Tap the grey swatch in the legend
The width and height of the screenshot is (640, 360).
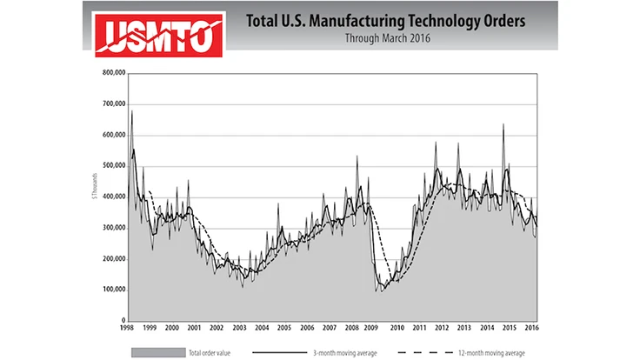click(x=146, y=351)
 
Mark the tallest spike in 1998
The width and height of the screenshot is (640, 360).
click(x=131, y=111)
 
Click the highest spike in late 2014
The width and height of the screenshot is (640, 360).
click(x=503, y=124)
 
